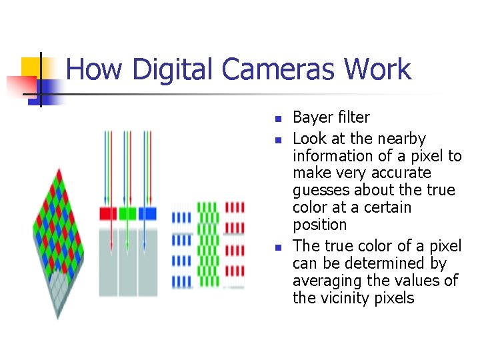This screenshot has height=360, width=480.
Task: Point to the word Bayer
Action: (x=313, y=118)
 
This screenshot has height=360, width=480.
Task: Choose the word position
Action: (x=320, y=225)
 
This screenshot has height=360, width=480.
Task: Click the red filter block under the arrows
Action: (x=107, y=214)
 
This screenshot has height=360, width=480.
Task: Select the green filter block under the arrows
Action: (x=127, y=214)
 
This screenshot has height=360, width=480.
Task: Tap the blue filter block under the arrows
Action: (x=147, y=214)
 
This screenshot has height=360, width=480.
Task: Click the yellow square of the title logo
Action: (x=31, y=67)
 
